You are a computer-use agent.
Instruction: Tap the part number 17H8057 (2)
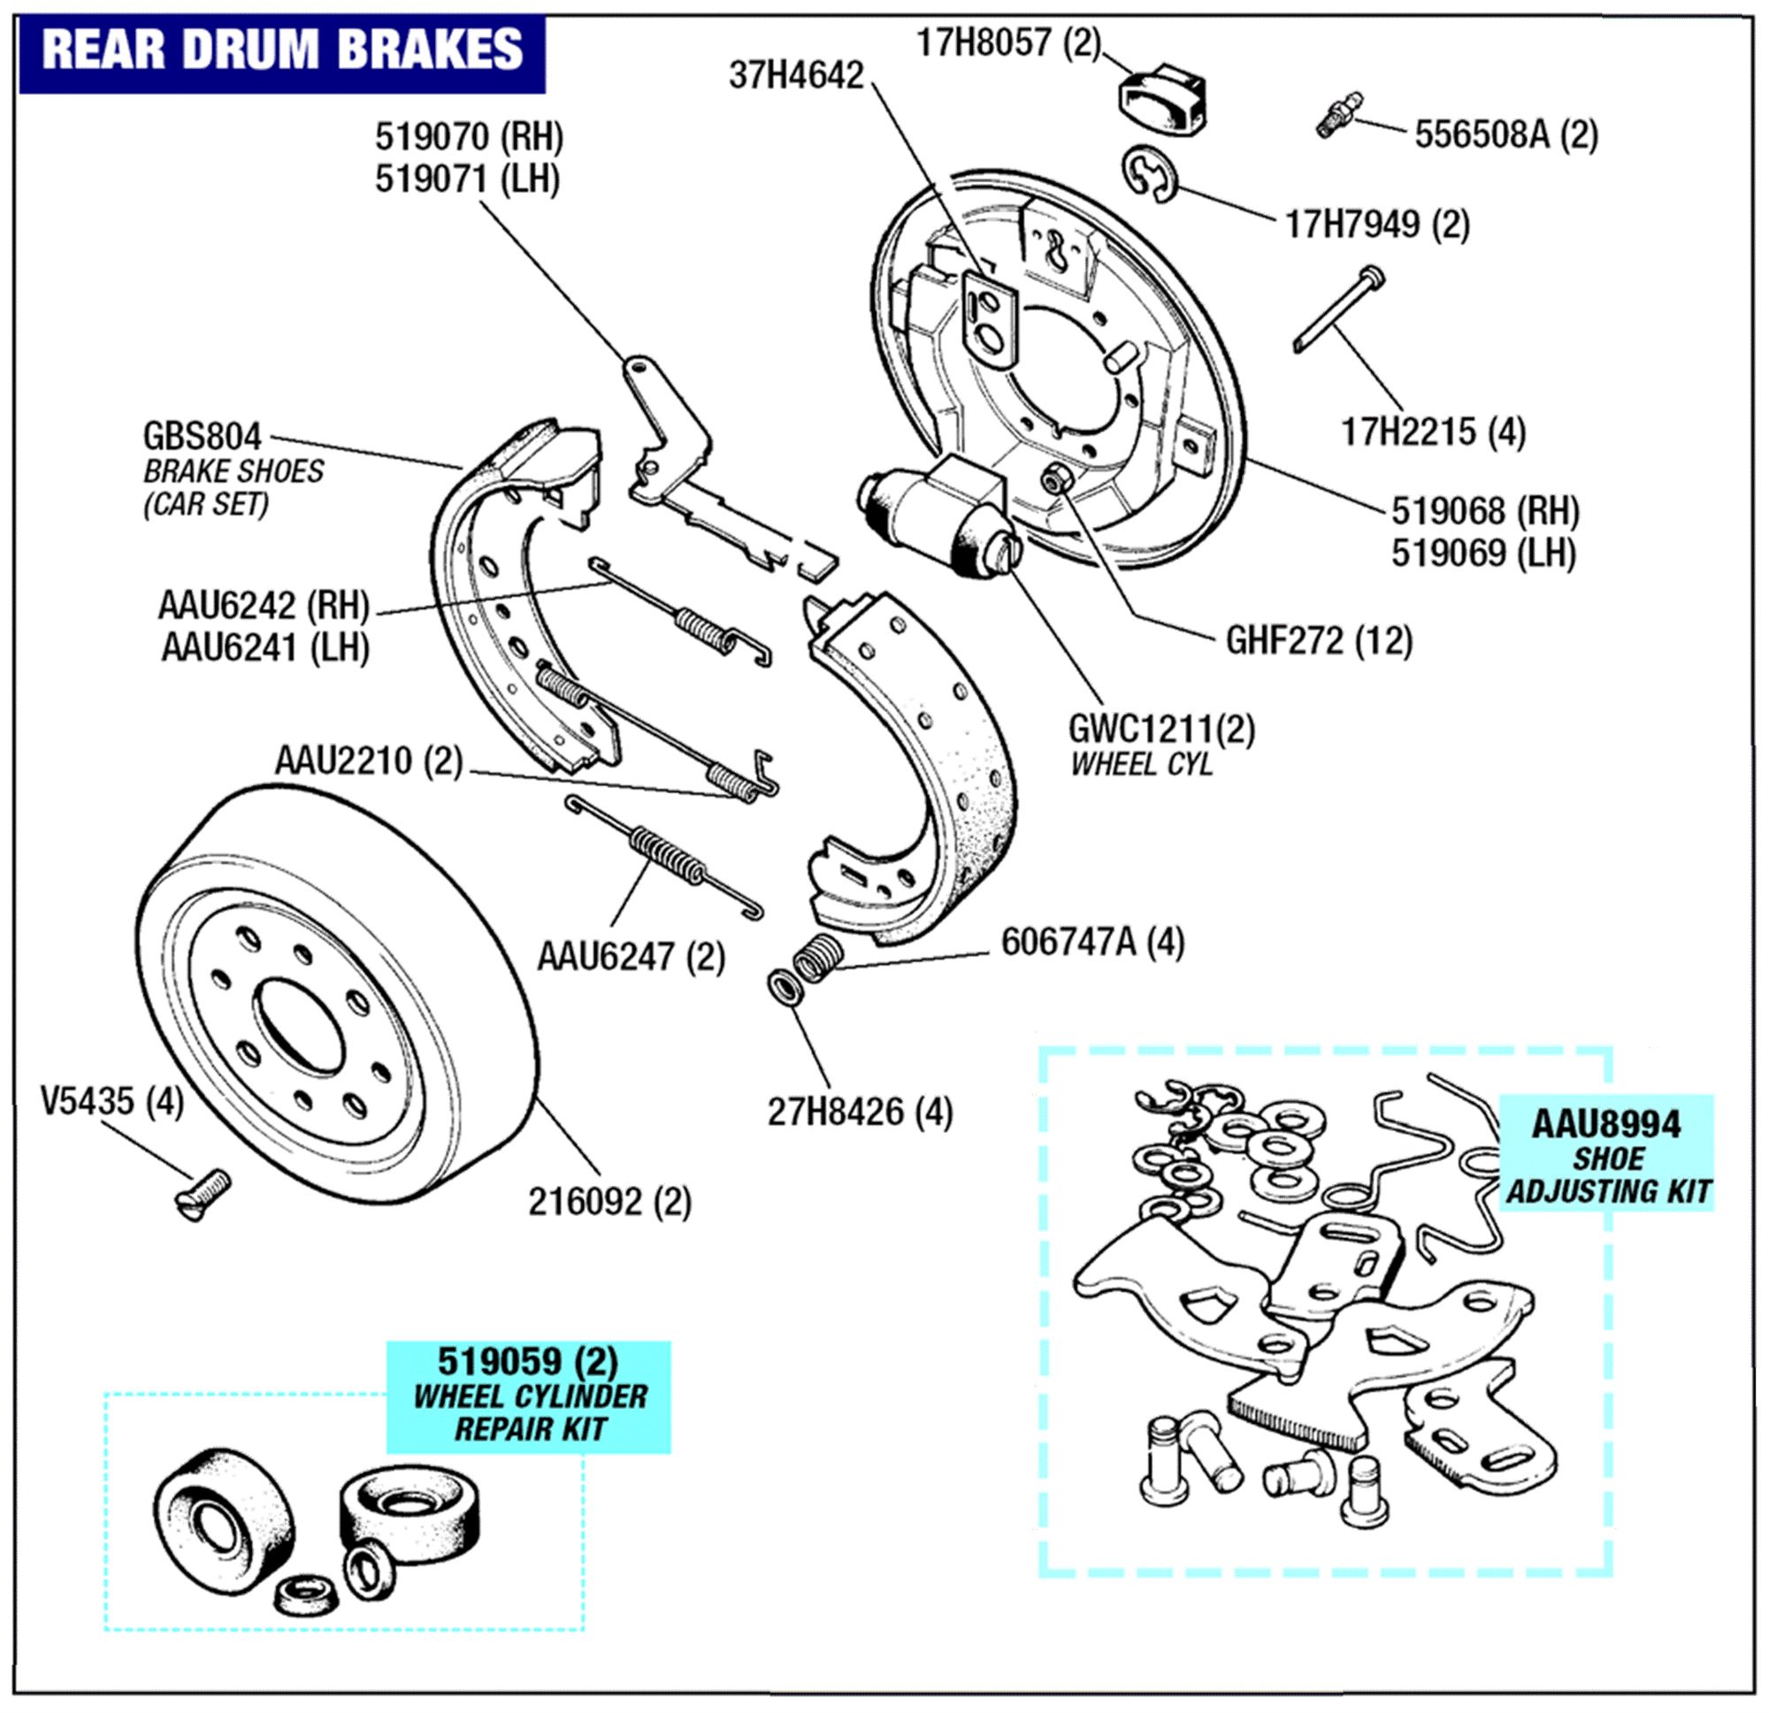click(1008, 42)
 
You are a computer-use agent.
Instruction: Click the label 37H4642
click(796, 76)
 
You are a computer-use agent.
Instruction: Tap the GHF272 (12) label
click(1318, 641)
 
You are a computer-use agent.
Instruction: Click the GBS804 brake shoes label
click(203, 437)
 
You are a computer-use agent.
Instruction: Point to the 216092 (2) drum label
click(609, 1201)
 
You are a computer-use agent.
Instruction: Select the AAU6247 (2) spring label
click(631, 956)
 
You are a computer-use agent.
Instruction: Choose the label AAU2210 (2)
click(368, 760)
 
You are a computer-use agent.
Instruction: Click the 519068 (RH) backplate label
click(1485, 511)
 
